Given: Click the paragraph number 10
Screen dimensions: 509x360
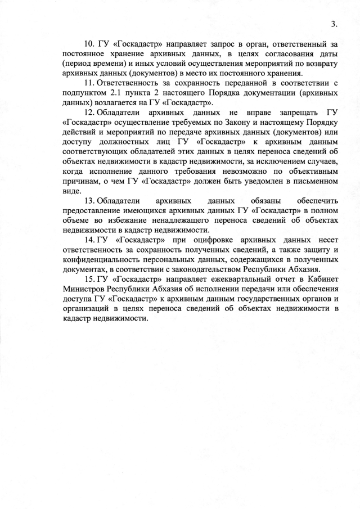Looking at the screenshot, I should [89, 44].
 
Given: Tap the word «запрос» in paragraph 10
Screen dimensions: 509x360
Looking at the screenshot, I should [194, 44].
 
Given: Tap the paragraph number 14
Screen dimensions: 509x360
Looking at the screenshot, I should [89, 242].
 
